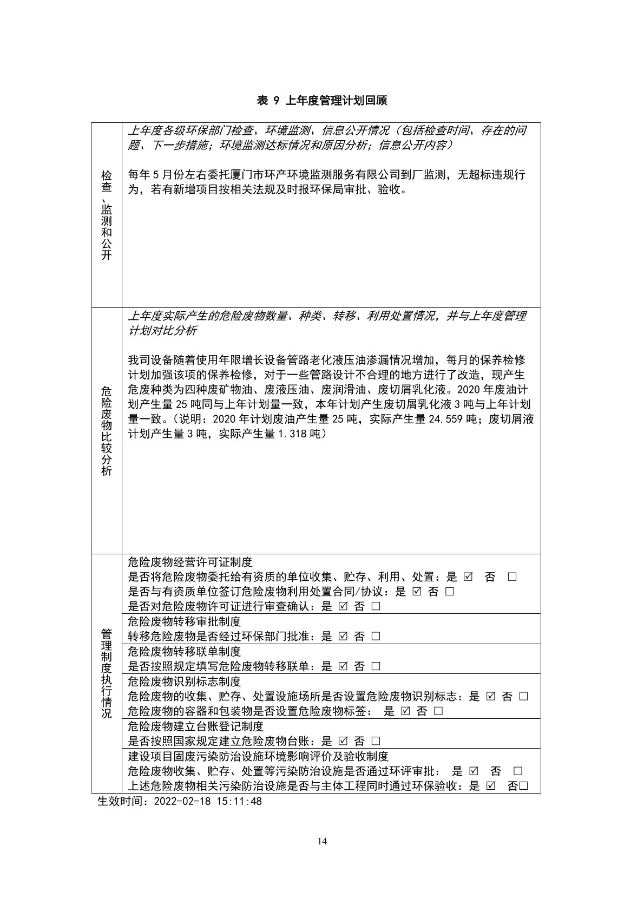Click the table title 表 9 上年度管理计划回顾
coord(321,100)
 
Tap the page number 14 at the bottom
coord(322,841)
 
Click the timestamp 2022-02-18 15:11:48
coord(208,801)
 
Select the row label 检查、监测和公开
coord(107,215)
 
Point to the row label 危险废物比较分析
coord(107,431)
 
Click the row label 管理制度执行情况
coord(107,673)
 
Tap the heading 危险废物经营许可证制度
coord(190,562)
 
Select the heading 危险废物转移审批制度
coord(184,621)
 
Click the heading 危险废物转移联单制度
coord(184,652)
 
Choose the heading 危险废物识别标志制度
coord(184,681)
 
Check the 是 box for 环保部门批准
coord(343,637)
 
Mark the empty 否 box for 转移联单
coord(376,666)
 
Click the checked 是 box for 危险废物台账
coord(343,741)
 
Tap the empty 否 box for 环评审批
coord(517,771)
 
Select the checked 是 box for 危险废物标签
coord(405,711)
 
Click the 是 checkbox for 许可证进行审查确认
coord(343,607)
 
